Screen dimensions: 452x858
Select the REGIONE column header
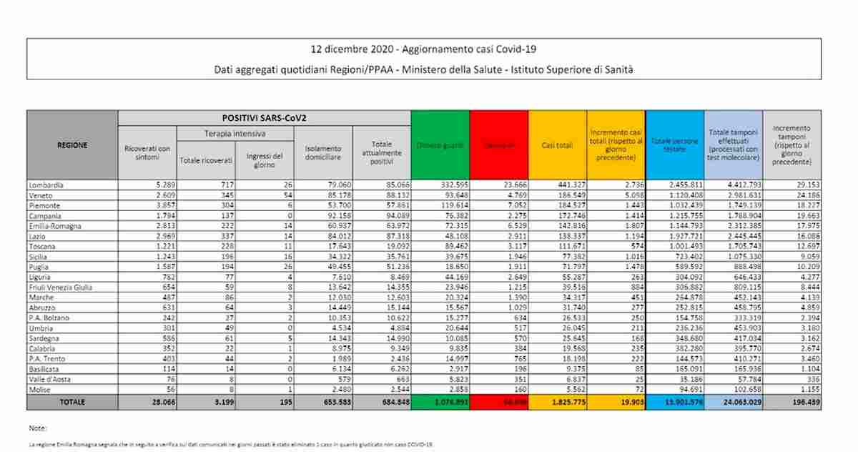click(72, 145)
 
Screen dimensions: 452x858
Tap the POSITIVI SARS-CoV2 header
click(264, 117)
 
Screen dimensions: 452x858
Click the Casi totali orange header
click(558, 146)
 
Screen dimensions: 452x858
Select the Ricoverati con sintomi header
click(147, 152)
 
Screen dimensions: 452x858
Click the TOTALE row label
click(72, 402)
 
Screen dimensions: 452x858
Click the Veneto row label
click(41, 195)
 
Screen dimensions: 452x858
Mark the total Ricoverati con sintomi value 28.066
click(155, 402)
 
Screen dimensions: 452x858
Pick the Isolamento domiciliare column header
click(323, 152)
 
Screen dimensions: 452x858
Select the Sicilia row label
click(40, 255)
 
